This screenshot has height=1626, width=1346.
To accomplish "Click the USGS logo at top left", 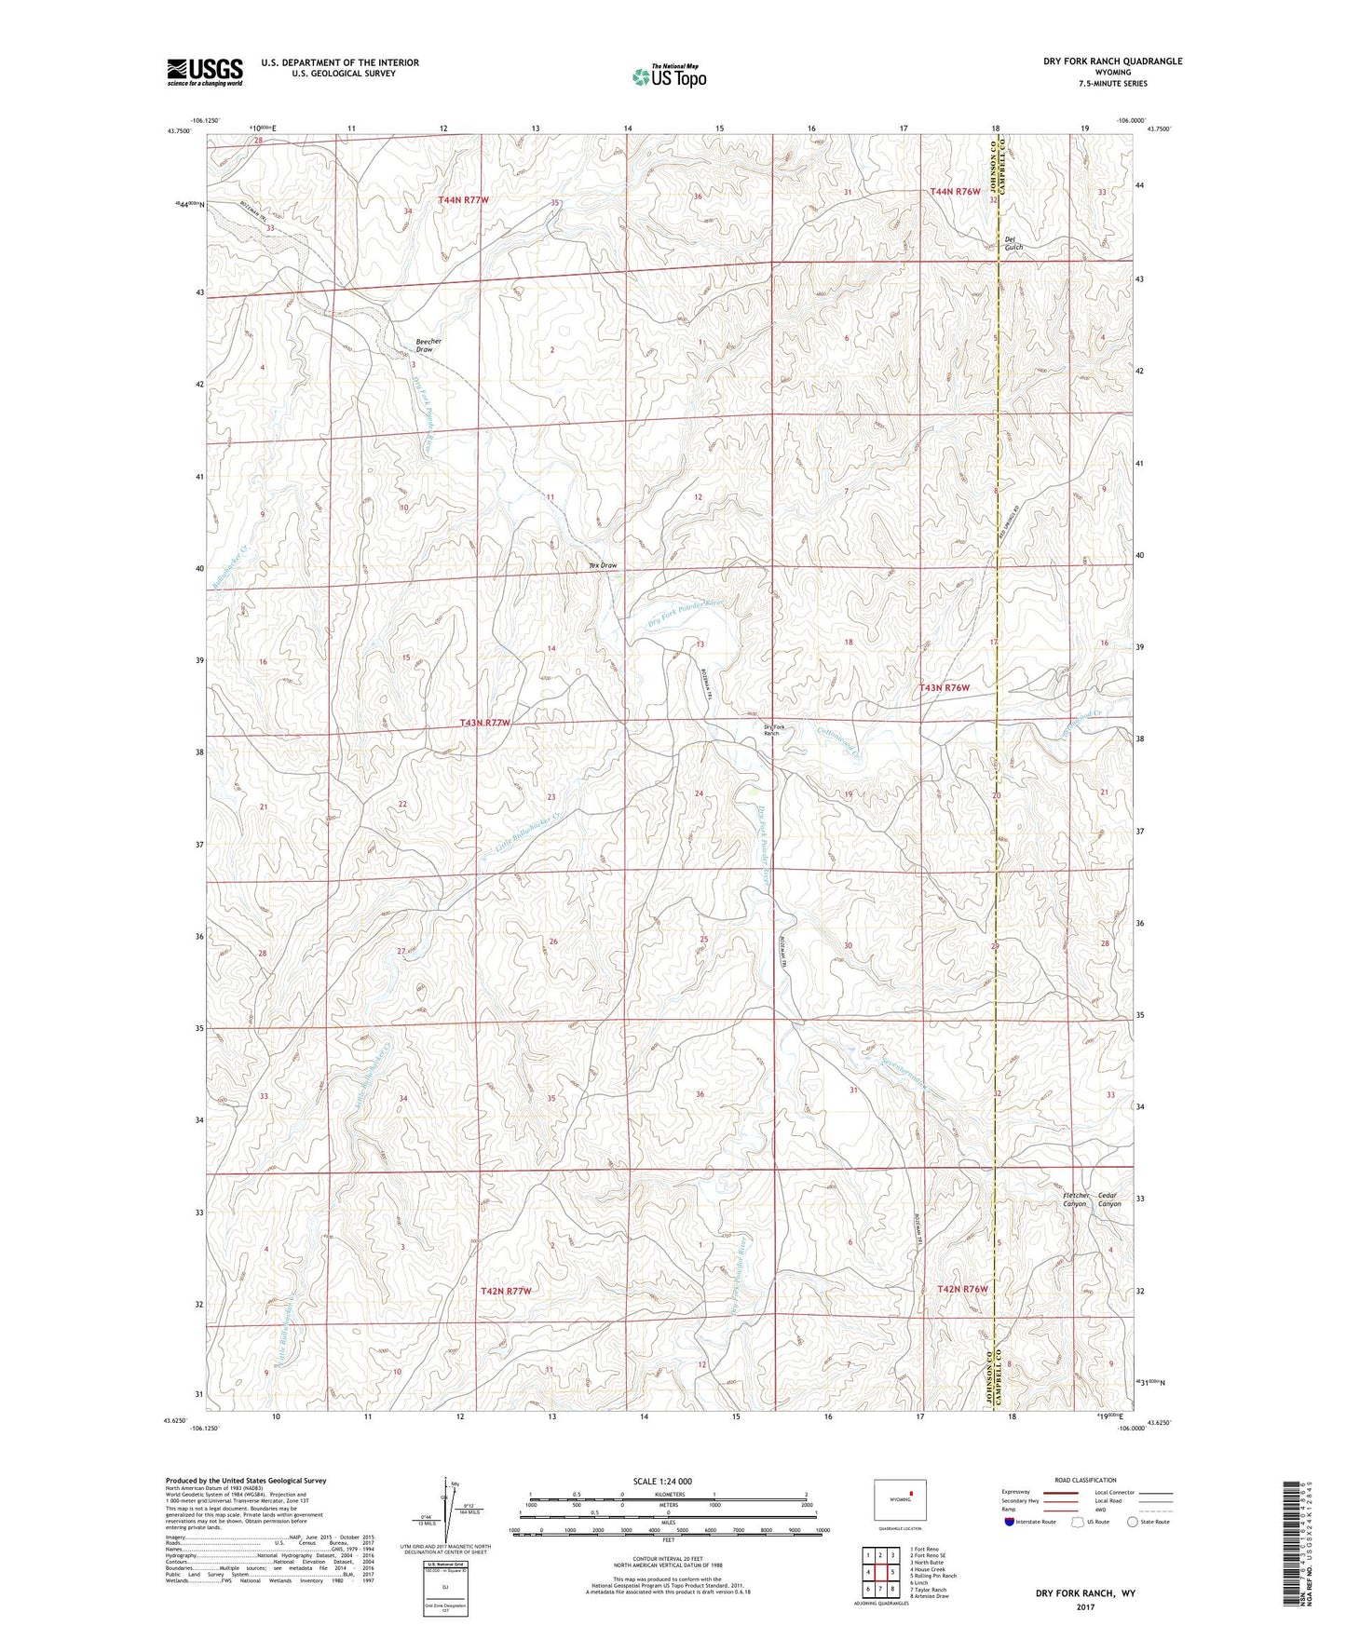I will pos(205,71).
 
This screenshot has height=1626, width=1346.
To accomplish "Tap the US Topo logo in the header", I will pos(669,76).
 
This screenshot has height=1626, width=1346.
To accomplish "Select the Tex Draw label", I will pos(604,565).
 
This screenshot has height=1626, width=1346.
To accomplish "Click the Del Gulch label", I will pos(1013,243).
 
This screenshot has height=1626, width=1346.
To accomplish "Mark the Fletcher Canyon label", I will pos(1075,1199).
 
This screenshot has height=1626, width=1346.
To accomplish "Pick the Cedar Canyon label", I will pos(1108,1199).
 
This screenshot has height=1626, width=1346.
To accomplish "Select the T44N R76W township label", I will pos(956,191).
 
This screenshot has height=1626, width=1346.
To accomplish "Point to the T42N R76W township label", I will pos(961,1289).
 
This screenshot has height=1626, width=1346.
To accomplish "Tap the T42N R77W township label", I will pos(506,1291).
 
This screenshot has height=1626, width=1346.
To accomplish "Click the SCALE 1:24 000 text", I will pos(662,1481).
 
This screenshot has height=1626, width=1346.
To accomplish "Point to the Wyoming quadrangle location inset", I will pos(899,1501).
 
